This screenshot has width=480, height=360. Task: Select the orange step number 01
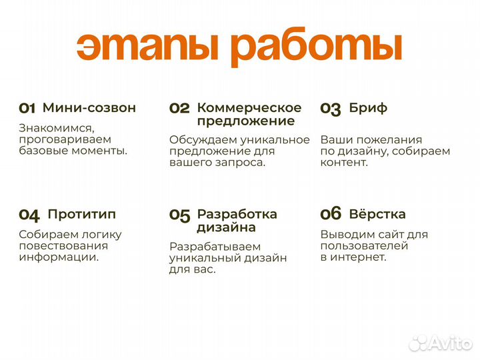(x=27, y=108)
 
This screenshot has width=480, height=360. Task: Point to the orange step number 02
(x=179, y=108)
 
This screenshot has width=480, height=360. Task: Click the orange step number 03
(x=331, y=109)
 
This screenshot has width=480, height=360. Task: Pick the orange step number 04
(x=29, y=215)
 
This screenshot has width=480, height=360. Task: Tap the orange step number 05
(x=180, y=215)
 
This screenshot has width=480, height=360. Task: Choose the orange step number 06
(x=331, y=214)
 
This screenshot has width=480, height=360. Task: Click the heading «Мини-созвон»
(x=89, y=107)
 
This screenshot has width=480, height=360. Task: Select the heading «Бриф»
(x=368, y=107)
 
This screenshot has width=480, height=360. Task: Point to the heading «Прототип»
(x=81, y=214)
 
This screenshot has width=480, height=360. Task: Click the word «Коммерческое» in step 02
(x=249, y=107)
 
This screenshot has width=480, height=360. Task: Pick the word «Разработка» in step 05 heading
(x=237, y=214)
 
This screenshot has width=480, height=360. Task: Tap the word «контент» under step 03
(x=343, y=162)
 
